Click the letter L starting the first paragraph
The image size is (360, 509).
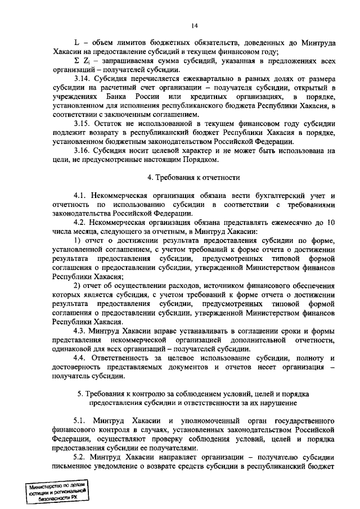pos(76,42)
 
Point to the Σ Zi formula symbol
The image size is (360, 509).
pos(81,61)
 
